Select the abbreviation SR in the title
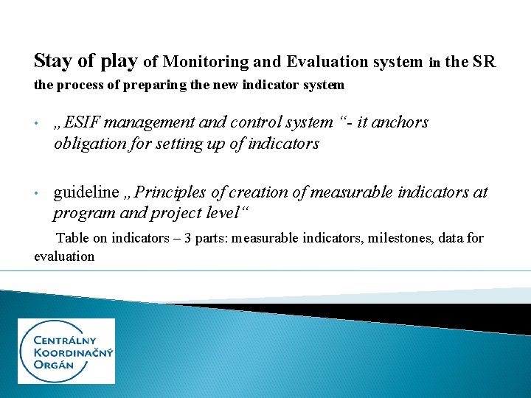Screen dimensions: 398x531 tap(485, 62)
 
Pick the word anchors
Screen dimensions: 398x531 tap(403, 122)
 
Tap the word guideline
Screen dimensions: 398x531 tap(86, 193)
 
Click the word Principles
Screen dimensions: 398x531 tap(172, 193)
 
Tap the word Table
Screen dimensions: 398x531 tap(72, 238)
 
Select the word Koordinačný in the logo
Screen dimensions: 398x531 tap(74, 353)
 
